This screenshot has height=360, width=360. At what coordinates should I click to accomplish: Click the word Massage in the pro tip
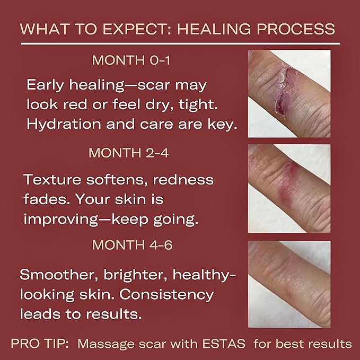point(101,344)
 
